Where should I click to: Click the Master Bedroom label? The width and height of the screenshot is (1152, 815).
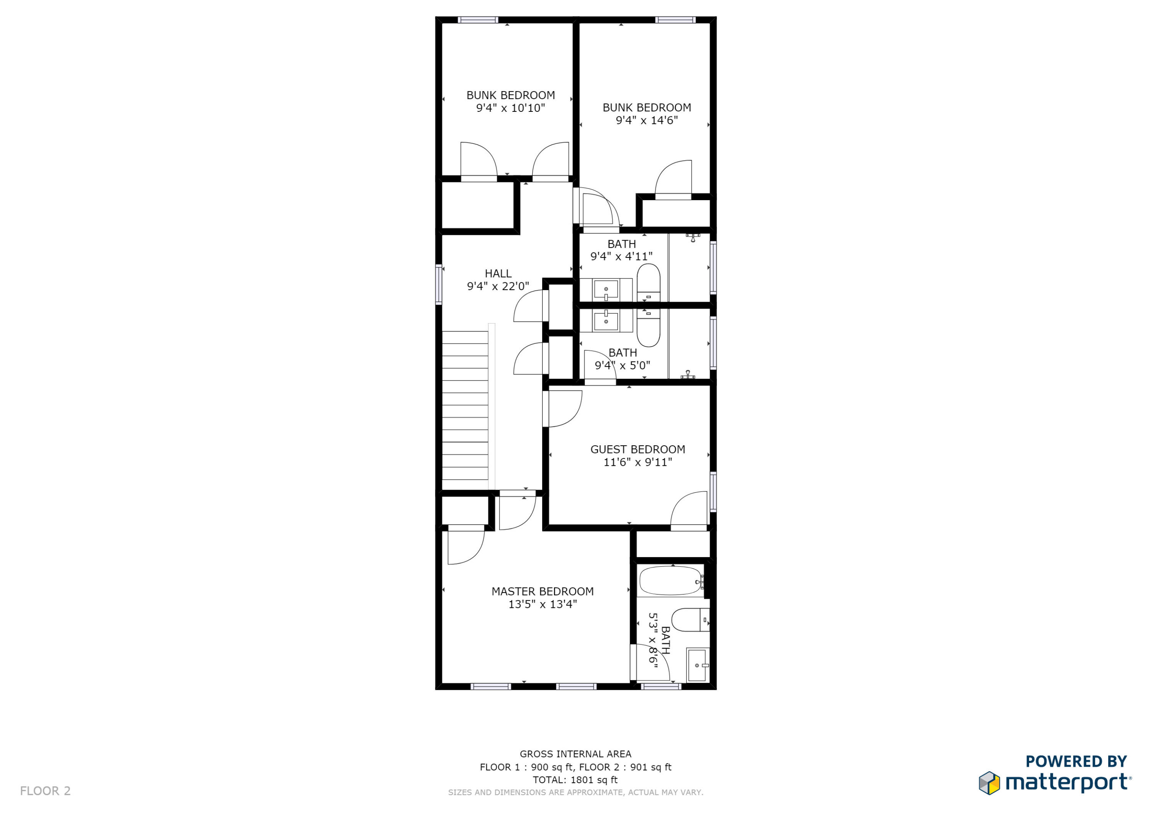pos(542,591)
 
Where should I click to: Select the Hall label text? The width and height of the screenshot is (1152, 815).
pos(498,274)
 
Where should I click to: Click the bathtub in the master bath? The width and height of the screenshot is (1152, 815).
pos(671,581)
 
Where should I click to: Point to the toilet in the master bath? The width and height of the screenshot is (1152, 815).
pos(689,620)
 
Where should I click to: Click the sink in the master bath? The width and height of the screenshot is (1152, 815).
pos(697,666)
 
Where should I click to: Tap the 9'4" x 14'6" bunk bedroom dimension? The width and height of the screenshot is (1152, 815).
pos(646,120)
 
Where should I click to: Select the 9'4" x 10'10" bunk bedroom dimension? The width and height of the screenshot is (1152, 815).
pos(510,108)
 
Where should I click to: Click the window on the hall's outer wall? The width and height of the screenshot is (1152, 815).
pos(439,284)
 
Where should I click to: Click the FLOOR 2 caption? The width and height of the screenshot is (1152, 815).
pos(45,791)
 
